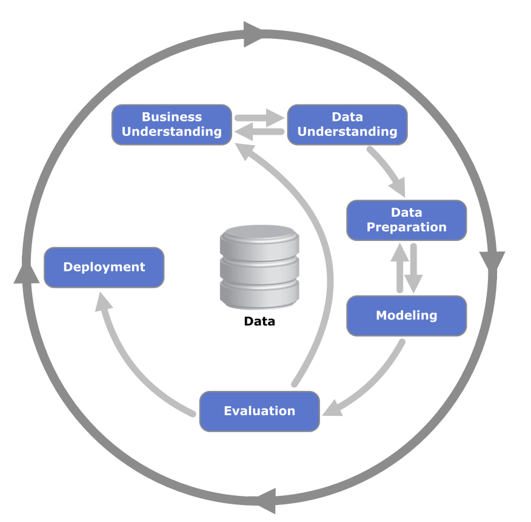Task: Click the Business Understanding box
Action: (172, 124)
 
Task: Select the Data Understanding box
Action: (347, 124)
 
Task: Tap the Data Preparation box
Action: (406, 220)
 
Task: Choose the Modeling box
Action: (406, 316)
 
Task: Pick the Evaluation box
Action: (259, 411)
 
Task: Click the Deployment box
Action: (104, 267)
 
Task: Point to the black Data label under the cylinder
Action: (259, 322)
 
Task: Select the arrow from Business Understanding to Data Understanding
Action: (259, 117)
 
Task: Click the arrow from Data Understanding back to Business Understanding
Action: (259, 131)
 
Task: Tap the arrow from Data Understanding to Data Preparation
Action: (388, 170)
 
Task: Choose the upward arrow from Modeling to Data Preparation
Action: (399, 267)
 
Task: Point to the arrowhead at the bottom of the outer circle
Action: (267, 500)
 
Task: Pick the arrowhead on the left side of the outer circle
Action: (26, 274)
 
